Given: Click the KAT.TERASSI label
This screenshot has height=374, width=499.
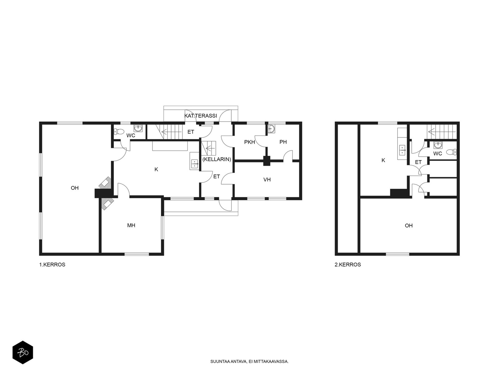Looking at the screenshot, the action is coord(201,116).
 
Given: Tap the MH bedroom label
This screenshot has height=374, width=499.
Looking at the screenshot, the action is coord(131,225).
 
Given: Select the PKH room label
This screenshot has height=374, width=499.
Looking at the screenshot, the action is coord(249,142).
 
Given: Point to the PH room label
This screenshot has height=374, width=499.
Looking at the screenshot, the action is coord(283,142).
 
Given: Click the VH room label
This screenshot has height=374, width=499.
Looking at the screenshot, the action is coord(267,180).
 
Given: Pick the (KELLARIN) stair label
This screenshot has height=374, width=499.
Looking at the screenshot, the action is coord(217,159).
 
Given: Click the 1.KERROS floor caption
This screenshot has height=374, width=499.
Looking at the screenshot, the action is coord(52,265).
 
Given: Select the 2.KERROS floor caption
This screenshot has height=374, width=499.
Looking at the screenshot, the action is coord(348,265).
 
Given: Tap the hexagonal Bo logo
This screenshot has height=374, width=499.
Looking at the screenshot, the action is coord(23,352).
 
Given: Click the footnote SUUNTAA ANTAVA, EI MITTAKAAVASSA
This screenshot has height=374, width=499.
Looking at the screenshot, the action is coord(249,362).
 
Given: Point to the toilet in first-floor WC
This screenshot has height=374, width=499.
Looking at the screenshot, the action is coord(119,131).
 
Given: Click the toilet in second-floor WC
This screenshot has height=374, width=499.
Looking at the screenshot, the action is coord(451,152).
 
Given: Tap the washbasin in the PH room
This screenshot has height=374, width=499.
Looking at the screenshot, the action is coord(271,129).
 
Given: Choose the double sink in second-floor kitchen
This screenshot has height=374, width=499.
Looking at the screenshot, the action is coord(402,150).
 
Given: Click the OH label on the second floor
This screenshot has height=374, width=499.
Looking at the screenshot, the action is coord(409,225).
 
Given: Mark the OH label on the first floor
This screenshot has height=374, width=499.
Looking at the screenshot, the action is coord(75,188).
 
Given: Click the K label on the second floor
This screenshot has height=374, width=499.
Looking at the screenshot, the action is coord(383,160).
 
